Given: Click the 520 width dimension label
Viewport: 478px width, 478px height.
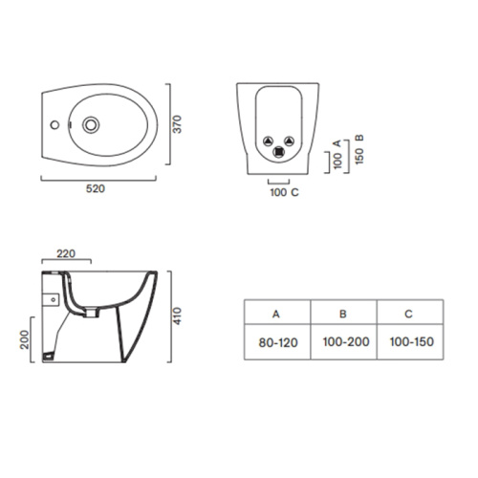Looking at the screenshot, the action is point(96,188).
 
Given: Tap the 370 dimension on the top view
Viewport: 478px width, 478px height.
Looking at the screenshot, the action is point(177,124).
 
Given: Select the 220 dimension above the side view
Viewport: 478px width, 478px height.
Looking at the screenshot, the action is point(66,253).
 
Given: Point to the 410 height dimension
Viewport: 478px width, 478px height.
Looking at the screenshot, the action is point(177,316).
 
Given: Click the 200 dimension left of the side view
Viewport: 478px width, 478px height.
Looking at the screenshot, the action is point(24,339).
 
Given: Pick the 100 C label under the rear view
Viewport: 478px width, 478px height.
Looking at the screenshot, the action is point(284,192).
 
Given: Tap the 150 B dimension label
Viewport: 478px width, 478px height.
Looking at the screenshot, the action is point(359,149).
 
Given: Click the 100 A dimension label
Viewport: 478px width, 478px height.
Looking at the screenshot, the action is point(337,154).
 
